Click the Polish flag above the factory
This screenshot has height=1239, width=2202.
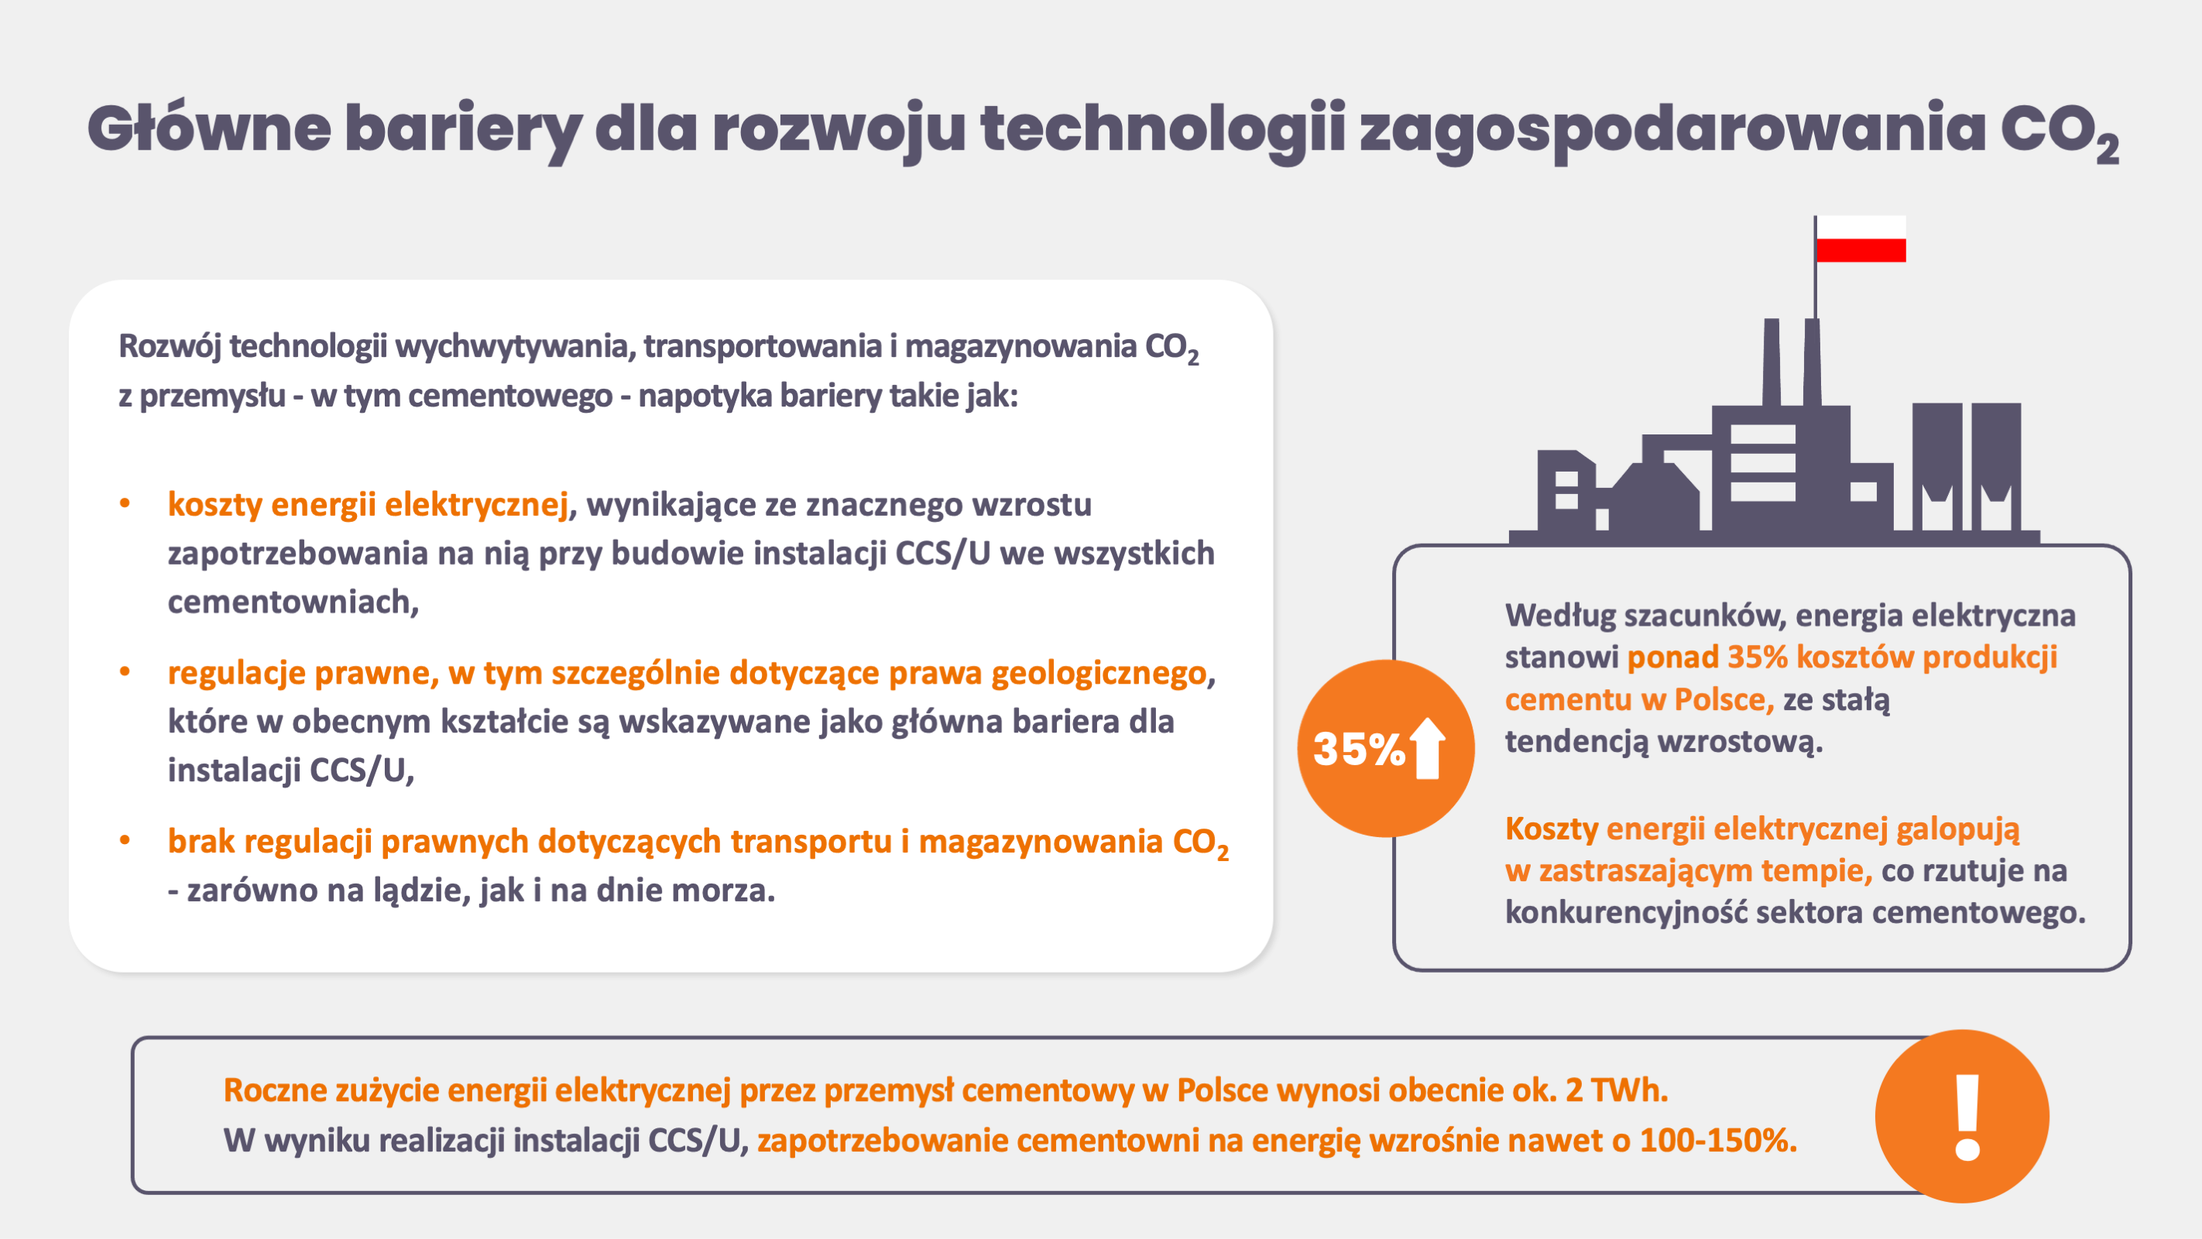pyautogui.click(x=1861, y=239)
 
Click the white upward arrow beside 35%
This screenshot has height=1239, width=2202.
pyautogui.click(x=1428, y=748)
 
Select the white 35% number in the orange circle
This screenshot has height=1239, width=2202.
pyautogui.click(x=1359, y=749)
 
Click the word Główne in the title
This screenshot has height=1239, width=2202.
pyautogui.click(x=209, y=129)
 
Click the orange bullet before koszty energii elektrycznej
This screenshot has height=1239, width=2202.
pyautogui.click(x=125, y=503)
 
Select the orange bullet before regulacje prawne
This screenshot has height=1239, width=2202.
pyautogui.click(x=125, y=672)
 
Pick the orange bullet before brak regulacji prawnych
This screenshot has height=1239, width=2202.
pyautogui.click(x=125, y=840)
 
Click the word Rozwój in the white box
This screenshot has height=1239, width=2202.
pyautogui.click(x=170, y=347)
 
